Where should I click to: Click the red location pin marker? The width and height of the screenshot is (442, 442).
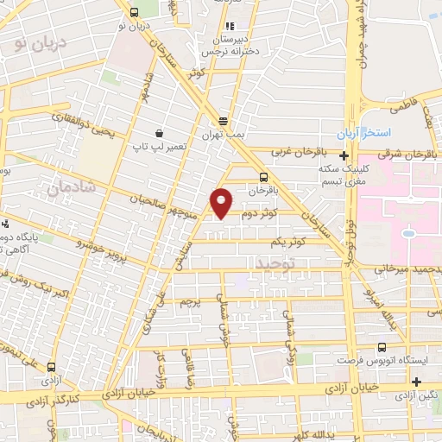tap(223, 202)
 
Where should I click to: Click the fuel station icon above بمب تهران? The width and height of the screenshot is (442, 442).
tap(224, 122)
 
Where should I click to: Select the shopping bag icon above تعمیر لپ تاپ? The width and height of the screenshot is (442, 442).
tap(160, 133)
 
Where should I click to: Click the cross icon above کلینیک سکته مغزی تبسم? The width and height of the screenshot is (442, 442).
tap(344, 156)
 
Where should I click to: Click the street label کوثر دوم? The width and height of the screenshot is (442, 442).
tap(258, 212)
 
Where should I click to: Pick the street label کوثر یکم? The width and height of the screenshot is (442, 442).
tap(288, 242)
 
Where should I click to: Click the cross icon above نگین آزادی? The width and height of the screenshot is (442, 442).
tap(417, 382)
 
